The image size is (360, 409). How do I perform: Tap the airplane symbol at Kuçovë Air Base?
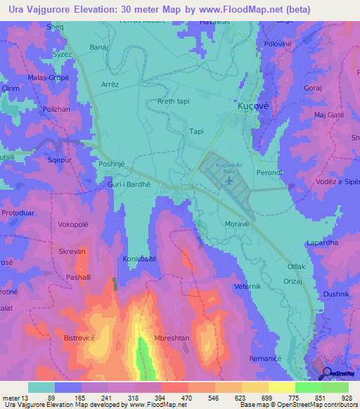point(229,182)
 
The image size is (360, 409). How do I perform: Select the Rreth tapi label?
point(173,101)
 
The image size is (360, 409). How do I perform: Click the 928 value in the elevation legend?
point(347,397)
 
